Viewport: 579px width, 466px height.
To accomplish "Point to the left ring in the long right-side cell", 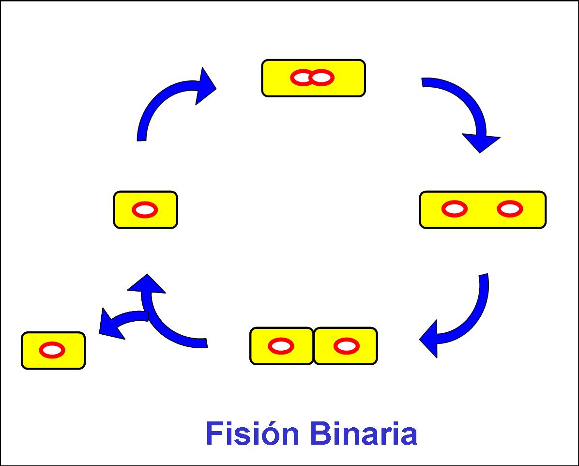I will [455, 209].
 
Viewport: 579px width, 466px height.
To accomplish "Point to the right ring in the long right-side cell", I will [510, 209].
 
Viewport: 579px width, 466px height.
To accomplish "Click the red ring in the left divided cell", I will [281, 346].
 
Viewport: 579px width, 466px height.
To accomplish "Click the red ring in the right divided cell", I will [347, 346].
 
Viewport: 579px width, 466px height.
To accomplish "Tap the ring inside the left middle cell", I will [145, 210].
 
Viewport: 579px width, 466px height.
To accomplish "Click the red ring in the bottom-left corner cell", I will [52, 350].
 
